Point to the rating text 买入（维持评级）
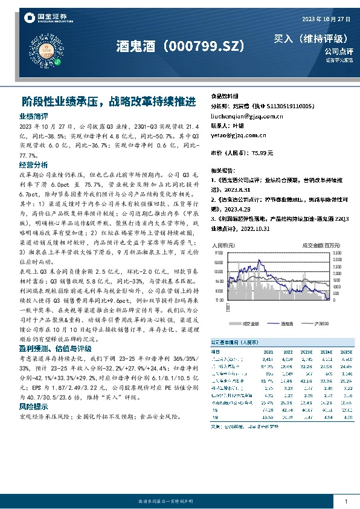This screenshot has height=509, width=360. pyautogui.click(x=311, y=39)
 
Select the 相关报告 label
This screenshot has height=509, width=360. pyautogui.click(x=222, y=171)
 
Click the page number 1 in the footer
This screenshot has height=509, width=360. pyautogui.click(x=346, y=501)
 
